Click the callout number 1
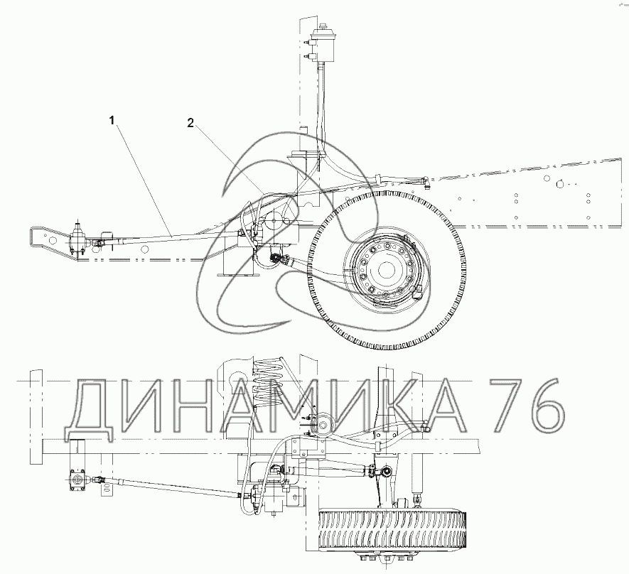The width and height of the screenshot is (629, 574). click(x=112, y=120)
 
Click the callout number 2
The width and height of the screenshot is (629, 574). click(x=190, y=123)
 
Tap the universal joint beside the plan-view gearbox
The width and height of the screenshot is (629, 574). click(x=99, y=479)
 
